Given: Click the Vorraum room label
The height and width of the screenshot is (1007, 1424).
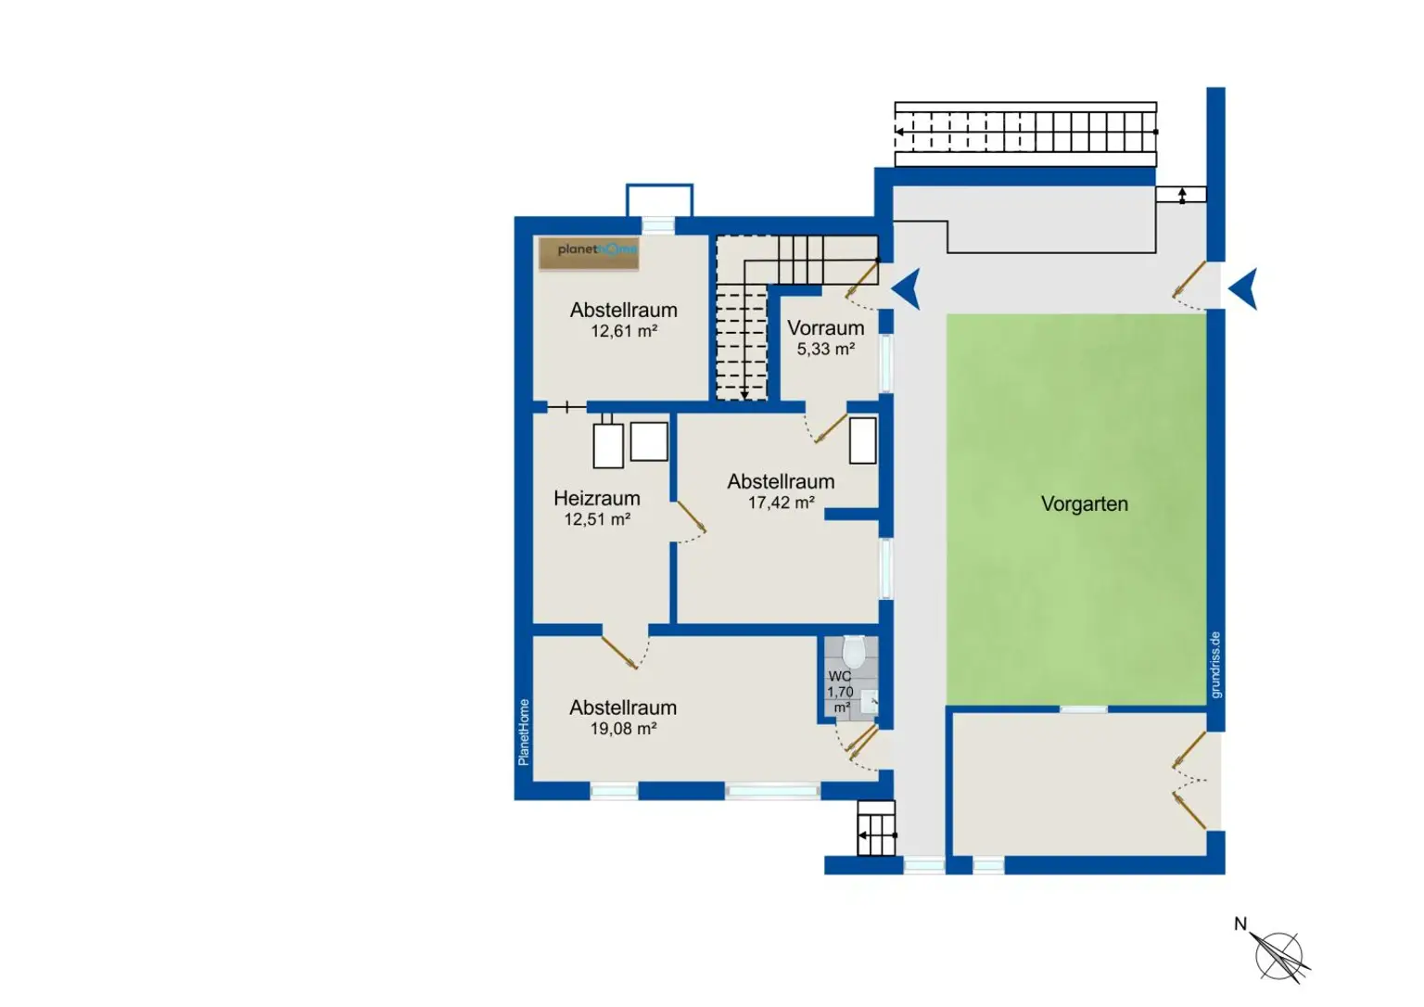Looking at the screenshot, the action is (826, 328).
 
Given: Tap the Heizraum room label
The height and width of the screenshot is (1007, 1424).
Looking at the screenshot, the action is (596, 499).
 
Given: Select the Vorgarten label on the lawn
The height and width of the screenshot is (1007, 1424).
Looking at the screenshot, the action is (1085, 504).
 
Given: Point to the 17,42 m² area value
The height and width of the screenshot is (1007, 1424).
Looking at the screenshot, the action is (782, 503).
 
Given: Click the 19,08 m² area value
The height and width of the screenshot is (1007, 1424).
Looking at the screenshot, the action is (623, 729).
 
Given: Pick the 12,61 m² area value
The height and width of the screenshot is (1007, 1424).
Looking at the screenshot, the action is (624, 331).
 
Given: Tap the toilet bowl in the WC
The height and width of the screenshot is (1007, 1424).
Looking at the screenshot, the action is (854, 652).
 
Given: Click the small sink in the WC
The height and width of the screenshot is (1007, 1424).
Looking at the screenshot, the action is (870, 702).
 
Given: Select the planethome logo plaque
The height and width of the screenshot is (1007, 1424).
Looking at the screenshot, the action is (589, 254).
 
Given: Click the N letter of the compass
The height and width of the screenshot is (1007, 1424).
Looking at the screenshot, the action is (1240, 924).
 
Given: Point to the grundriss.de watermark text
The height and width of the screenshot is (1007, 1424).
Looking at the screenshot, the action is (1215, 664).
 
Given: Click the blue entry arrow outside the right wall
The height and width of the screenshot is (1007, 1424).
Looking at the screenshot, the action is (1243, 289).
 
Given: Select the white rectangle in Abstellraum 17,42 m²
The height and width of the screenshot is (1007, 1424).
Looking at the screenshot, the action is (863, 440).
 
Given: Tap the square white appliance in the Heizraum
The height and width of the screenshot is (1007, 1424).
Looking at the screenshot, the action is (649, 441).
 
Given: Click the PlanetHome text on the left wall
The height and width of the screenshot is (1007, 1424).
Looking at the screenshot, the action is (523, 733).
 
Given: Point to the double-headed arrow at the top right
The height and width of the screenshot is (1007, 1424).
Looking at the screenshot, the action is (1182, 195).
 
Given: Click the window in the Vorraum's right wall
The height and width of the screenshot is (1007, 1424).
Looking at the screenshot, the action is (886, 363).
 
